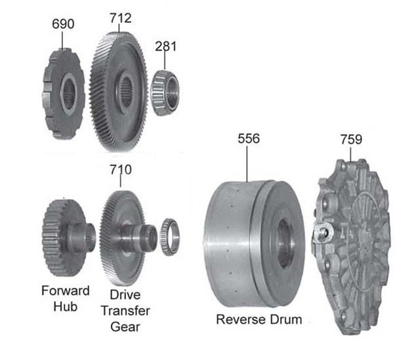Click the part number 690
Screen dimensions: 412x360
63,24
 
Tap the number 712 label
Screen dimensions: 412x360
121,18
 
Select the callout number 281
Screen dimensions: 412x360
166,47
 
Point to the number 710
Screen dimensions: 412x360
121,170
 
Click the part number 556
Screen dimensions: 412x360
249,138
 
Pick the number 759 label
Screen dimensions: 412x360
351,140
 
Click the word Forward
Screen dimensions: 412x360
66,290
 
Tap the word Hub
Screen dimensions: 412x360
66,306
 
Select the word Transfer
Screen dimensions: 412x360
125,311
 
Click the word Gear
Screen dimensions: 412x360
125,327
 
